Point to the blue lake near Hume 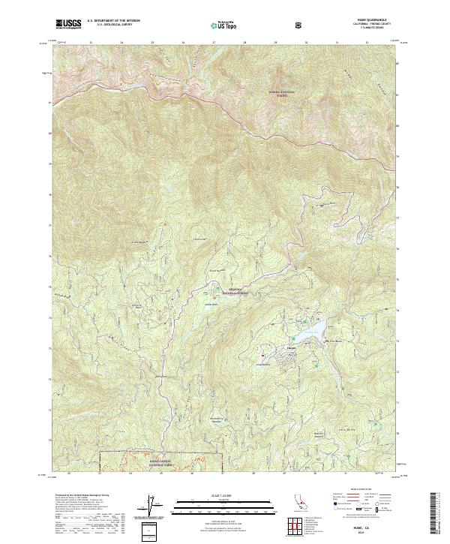311,330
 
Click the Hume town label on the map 292,348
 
